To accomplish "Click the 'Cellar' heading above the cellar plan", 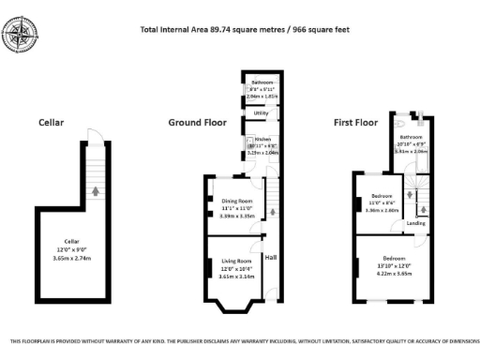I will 51,123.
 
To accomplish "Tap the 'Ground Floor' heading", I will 196,123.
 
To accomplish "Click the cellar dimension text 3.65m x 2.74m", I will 71,256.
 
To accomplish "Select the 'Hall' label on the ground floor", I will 271,257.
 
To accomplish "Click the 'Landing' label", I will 416,223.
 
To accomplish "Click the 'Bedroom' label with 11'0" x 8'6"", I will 382,197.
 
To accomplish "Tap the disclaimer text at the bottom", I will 240,341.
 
